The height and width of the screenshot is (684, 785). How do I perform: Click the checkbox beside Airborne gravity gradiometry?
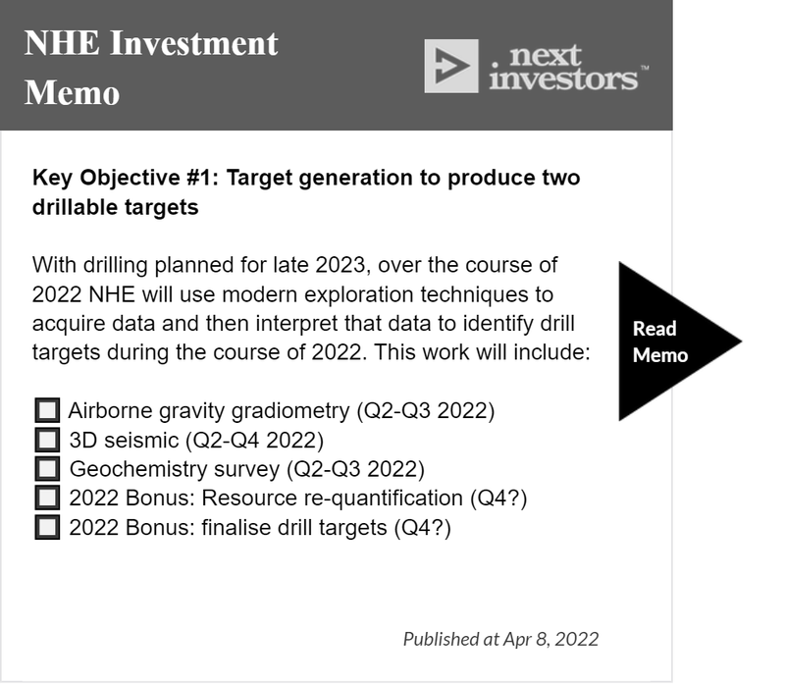click(x=47, y=410)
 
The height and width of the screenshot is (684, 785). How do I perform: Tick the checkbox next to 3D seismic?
click(x=47, y=440)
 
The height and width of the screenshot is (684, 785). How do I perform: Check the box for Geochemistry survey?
click(x=47, y=469)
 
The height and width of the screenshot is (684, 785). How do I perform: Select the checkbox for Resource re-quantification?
click(x=47, y=498)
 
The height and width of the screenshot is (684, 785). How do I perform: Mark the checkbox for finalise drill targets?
click(x=47, y=527)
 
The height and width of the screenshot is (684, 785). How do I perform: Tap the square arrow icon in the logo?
click(x=451, y=66)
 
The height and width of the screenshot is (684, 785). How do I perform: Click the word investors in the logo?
click(x=563, y=79)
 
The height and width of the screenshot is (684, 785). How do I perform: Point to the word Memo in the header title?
click(x=72, y=92)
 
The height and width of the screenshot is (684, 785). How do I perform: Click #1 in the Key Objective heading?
click(x=203, y=178)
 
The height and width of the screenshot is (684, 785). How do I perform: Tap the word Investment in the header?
click(x=193, y=42)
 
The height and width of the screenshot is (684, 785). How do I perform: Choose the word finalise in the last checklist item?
click(x=235, y=528)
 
